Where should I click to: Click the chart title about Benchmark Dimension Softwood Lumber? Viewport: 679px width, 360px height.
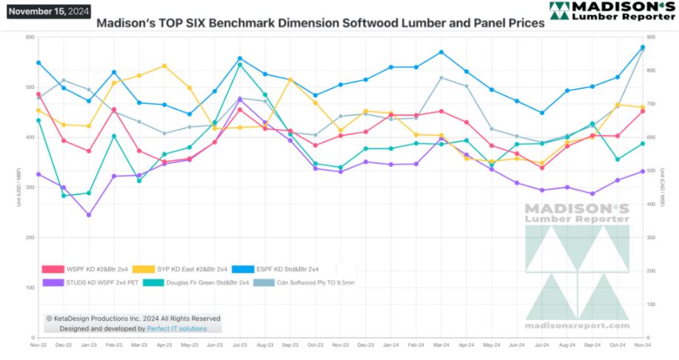(x=321, y=23)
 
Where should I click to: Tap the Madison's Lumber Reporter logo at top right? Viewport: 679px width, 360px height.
(x=612, y=10)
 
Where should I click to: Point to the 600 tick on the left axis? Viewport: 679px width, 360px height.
(x=30, y=37)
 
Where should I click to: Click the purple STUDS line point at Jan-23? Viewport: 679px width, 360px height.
(x=89, y=215)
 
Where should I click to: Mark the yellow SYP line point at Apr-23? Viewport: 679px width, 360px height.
(x=164, y=66)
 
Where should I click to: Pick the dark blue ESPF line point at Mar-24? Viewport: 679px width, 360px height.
(x=441, y=52)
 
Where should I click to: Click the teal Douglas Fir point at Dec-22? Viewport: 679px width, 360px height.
(x=64, y=196)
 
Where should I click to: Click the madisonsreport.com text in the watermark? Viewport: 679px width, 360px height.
(x=577, y=325)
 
